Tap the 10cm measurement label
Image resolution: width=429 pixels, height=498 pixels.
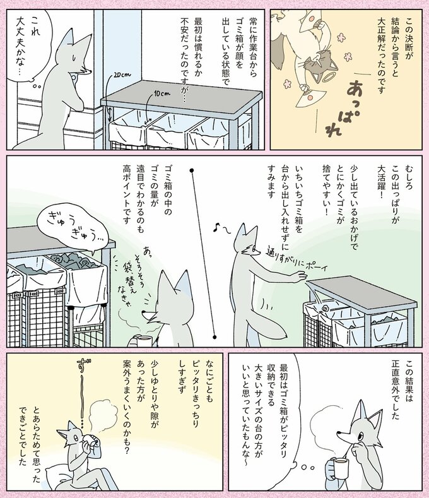pos(163,94)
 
